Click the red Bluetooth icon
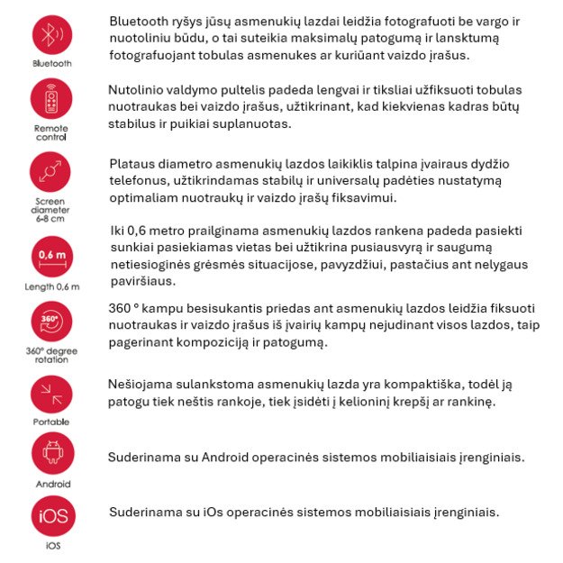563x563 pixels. tap(52, 35)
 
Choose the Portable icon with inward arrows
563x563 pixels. tap(51, 394)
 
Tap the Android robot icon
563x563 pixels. tap(52, 452)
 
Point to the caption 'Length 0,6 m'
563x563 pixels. tap(52, 287)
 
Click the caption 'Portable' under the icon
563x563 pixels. tap(51, 422)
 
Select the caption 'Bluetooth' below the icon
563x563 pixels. tap(52, 64)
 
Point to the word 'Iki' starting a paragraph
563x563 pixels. tap(118, 231)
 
